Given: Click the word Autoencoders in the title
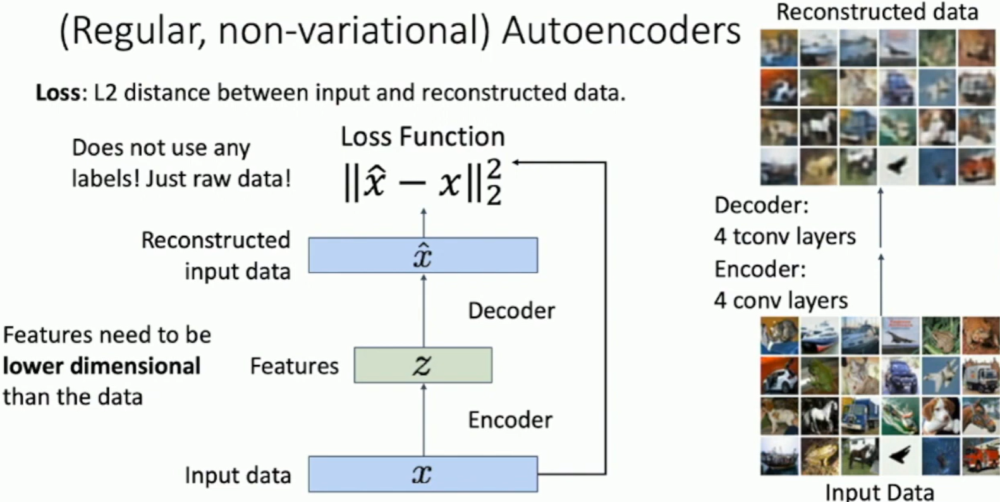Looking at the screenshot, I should tap(621, 30).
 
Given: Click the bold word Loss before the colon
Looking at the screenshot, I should tap(58, 93).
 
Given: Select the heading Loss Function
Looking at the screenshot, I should tap(422, 137).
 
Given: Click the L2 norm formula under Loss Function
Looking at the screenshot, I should tap(422, 182).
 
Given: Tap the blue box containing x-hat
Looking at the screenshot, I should tap(423, 255).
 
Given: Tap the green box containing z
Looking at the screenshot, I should tap(423, 365).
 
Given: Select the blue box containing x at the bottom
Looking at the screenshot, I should tap(423, 474).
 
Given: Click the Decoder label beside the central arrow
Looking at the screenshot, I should tap(511, 310).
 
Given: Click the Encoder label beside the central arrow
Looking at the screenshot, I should tap(509, 420).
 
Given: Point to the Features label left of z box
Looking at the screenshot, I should tap(294, 366).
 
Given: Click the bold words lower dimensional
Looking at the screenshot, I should tap(102, 366).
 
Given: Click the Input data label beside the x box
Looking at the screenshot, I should tap(238, 475).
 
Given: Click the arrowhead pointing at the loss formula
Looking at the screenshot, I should tap(516, 162).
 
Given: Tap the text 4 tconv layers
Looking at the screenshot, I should tap(784, 236).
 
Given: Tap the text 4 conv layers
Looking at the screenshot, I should tap(781, 300).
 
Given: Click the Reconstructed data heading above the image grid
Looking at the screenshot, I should tap(877, 11).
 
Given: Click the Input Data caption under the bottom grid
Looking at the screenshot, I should tap(879, 492).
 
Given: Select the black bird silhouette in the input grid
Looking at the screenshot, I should tap(899, 455).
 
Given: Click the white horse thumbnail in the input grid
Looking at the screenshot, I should tap(819, 416).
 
